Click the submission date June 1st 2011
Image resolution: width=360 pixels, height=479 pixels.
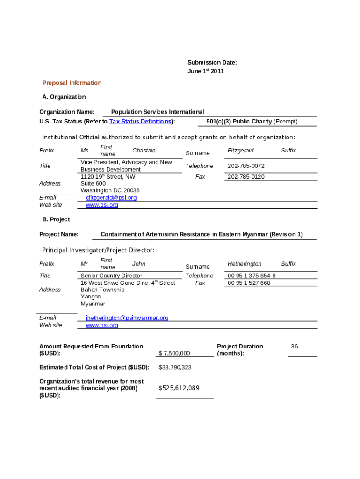coord(206,71)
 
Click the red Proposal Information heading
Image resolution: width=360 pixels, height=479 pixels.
coord(72,83)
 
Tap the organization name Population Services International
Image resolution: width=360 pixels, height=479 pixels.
coord(158,112)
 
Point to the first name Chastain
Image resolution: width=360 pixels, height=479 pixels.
coord(144,151)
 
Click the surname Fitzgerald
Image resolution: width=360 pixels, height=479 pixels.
coord(241,151)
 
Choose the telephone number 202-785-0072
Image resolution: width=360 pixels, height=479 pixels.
coord(246,166)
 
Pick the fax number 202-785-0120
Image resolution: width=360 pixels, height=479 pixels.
coord(246,177)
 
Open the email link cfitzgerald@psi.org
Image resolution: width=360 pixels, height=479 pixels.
coord(111,198)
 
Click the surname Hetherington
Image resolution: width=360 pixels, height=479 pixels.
coord(245,264)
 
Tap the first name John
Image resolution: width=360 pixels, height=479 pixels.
coord(139,264)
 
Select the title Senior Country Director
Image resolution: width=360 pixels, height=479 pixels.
coord(111,276)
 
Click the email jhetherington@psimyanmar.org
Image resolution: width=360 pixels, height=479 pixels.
coord(127,318)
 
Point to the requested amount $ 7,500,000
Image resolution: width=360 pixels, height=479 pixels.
coord(174,353)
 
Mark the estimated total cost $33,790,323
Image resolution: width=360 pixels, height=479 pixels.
coord(175,367)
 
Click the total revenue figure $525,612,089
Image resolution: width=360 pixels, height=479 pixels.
coord(179,388)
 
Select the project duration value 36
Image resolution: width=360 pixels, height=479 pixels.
coord(294,347)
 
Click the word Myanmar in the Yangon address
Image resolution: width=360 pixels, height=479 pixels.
coord(93,304)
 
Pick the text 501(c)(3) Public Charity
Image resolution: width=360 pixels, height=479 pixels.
coord(239,122)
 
